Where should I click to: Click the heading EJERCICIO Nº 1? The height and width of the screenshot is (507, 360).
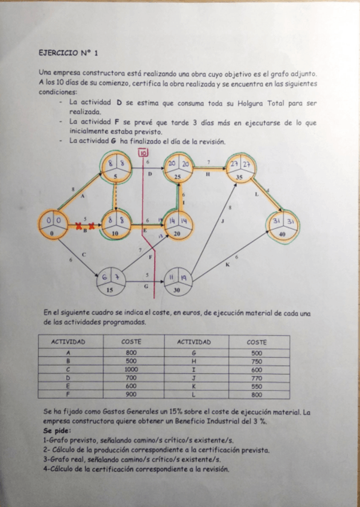pyautogui.click(x=68, y=53)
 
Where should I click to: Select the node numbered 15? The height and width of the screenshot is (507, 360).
pyautogui.click(x=109, y=281)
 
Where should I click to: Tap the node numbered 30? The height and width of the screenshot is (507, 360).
pyautogui.click(x=177, y=281)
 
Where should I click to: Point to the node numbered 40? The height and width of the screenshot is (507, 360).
pyautogui.click(x=282, y=225)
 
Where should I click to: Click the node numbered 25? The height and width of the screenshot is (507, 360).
pyautogui.click(x=178, y=169)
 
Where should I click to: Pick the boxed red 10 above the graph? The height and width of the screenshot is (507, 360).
pyautogui.click(x=143, y=153)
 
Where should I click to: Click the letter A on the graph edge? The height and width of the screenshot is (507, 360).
pyautogui.click(x=82, y=196)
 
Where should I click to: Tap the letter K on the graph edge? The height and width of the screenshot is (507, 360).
pyautogui.click(x=227, y=265)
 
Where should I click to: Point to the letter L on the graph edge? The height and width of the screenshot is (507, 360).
pyautogui.click(x=257, y=194)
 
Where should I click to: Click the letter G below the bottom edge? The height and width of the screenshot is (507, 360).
pyautogui.click(x=147, y=286)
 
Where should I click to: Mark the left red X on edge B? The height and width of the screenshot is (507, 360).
pyautogui.click(x=79, y=226)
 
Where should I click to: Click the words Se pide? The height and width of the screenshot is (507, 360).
pyautogui.click(x=57, y=430)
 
